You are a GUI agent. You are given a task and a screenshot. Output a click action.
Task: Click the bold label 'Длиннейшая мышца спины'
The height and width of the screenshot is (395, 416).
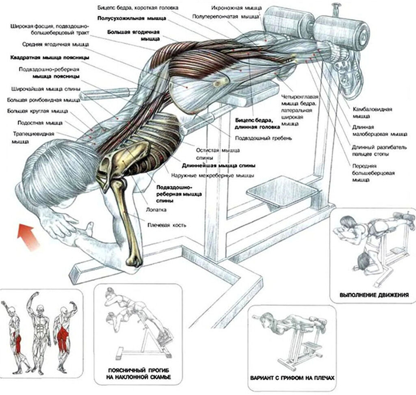tap(219, 166)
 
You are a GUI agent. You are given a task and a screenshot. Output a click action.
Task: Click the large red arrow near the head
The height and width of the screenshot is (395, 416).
tap(28, 238)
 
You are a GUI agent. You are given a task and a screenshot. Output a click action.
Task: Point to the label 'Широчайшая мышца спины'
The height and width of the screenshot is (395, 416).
tap(43, 89)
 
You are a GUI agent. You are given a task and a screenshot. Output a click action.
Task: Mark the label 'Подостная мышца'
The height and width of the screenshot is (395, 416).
tap(40, 122)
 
